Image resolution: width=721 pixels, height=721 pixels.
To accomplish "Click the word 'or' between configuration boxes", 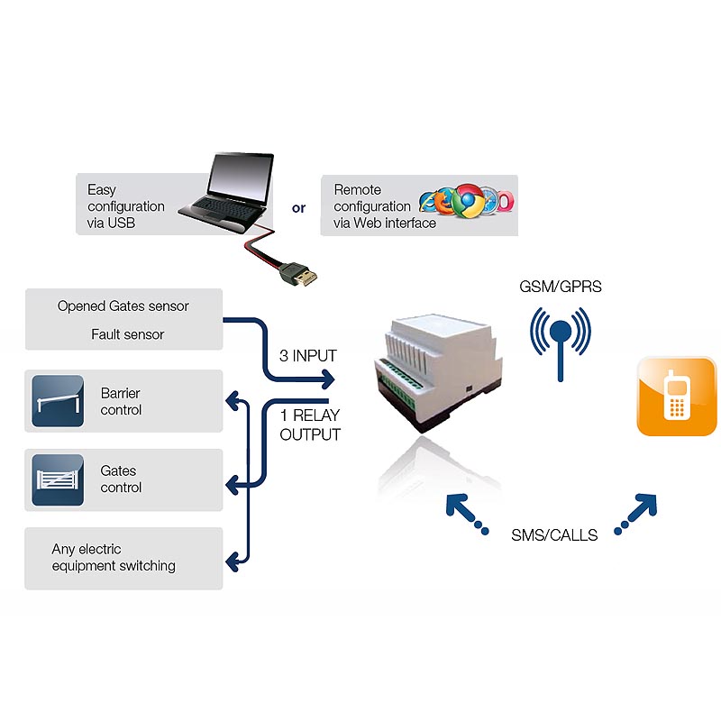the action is tap(299, 208).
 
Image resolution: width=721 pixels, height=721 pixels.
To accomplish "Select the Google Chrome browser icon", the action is tap(467, 200).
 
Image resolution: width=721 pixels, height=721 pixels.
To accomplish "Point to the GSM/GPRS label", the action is tap(560, 287).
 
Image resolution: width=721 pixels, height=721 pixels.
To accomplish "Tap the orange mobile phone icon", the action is tap(677, 396).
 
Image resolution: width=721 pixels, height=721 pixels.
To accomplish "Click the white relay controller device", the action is tap(437, 371).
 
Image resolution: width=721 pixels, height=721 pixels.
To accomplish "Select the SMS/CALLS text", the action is tap(554, 534).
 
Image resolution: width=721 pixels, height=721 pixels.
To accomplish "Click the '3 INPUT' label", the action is tap(308, 355).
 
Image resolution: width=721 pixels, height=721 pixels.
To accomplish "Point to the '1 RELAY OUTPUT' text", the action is tap(310, 424).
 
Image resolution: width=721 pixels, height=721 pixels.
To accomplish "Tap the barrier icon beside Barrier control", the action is tap(58, 401).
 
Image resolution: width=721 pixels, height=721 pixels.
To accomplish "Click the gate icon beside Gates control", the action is tap(58, 480).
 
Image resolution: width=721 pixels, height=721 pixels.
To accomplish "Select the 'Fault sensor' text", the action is tap(127, 334).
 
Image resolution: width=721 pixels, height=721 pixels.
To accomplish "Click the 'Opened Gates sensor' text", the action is tap(123, 306).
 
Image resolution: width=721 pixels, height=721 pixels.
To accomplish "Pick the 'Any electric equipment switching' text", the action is tap(114, 557).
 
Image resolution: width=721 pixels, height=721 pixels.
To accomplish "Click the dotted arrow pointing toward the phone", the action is tap(636, 514).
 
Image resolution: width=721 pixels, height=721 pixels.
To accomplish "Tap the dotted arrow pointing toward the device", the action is tap(467, 514).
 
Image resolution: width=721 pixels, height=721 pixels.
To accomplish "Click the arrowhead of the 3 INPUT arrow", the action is tap(328, 379).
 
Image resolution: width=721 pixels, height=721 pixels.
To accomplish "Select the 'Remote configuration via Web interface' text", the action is tap(385, 206).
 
